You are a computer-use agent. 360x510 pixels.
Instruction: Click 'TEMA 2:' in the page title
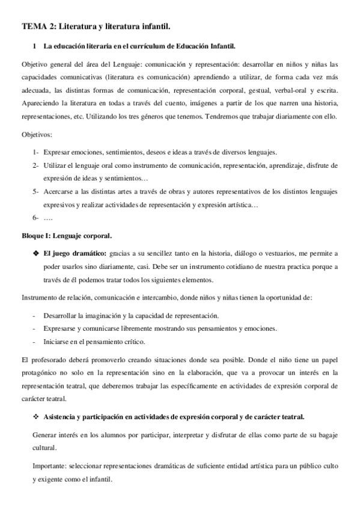[x=39, y=26]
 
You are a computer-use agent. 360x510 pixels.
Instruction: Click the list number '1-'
[x=36, y=153]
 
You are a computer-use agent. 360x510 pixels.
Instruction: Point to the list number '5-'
[x=36, y=191]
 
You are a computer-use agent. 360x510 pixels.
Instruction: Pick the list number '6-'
[x=36, y=217]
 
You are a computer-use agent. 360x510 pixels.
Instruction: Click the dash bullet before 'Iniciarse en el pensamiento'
[x=35, y=342]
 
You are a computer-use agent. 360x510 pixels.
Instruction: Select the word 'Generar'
[x=45, y=435]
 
